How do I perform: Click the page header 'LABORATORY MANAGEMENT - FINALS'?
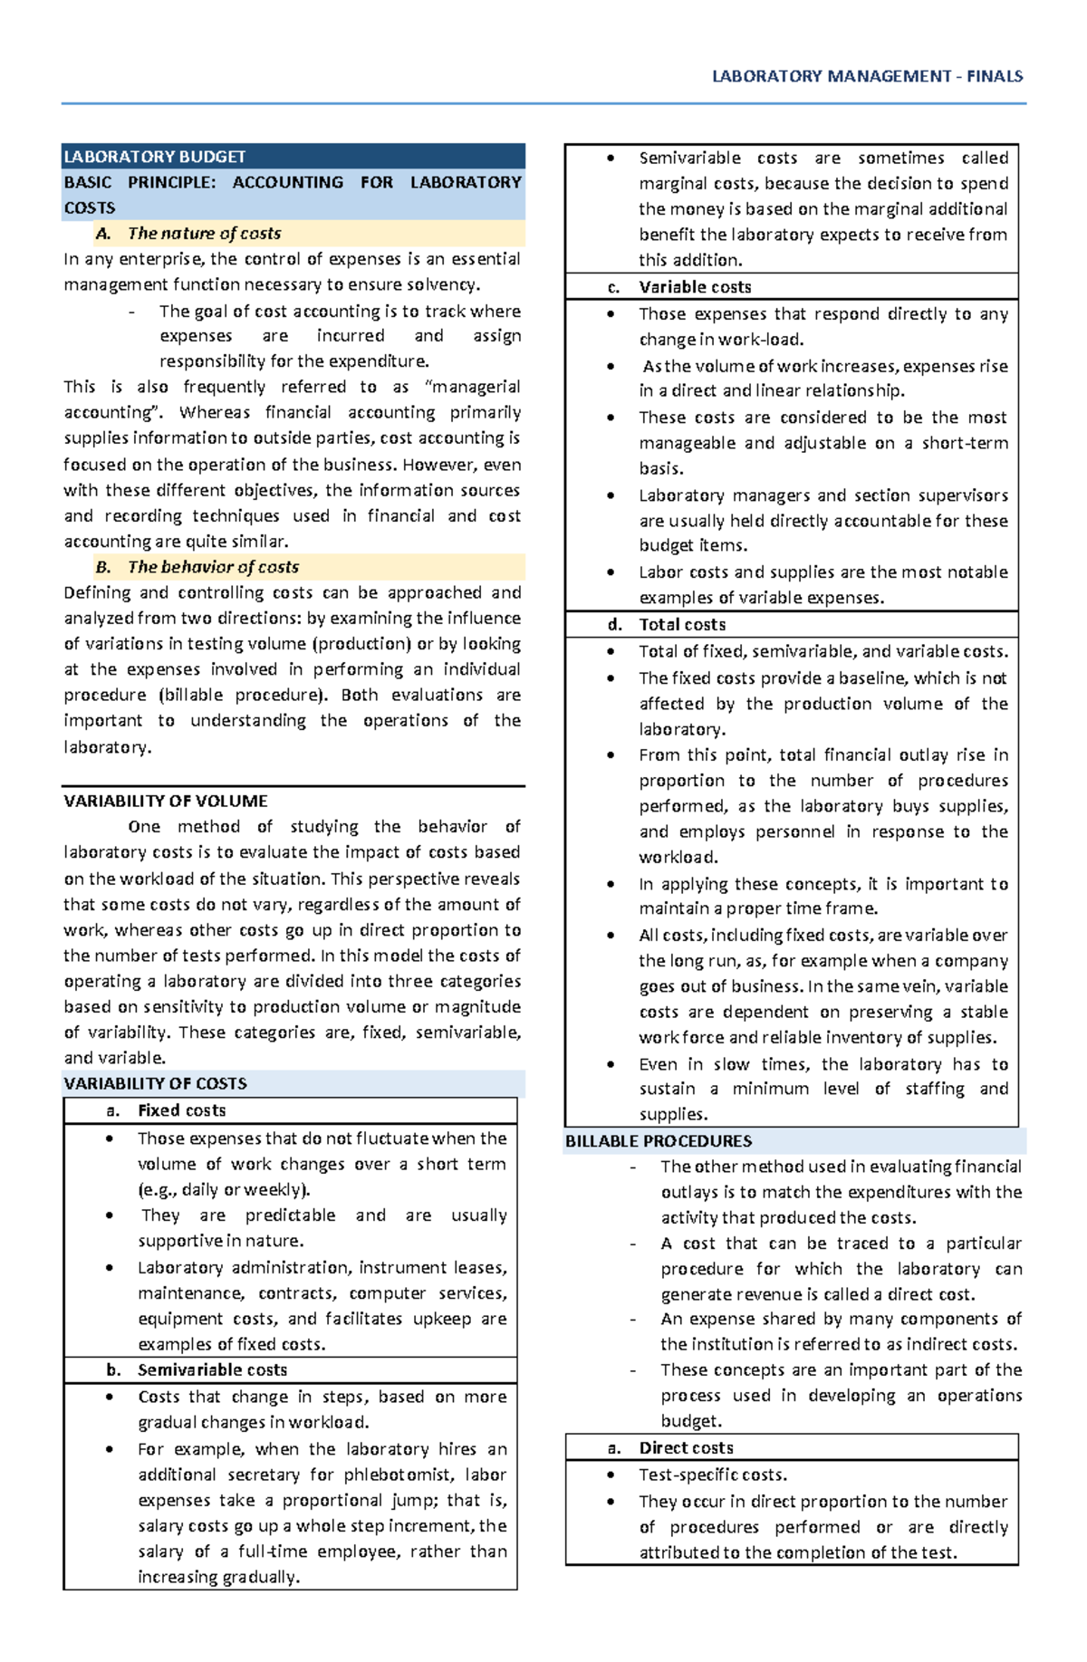(867, 77)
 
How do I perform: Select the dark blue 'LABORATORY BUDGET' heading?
(155, 157)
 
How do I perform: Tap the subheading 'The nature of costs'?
(204, 234)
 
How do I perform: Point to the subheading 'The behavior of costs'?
(213, 568)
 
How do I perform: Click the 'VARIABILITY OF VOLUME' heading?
(166, 802)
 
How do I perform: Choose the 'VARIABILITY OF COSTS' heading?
(155, 1084)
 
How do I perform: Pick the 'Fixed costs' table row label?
(181, 1111)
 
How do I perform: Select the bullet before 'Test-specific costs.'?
(611, 1475)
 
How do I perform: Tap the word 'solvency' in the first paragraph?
(446, 285)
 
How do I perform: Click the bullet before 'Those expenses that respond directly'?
(611, 314)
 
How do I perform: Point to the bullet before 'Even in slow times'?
(611, 1065)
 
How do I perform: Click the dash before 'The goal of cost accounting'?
(133, 312)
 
